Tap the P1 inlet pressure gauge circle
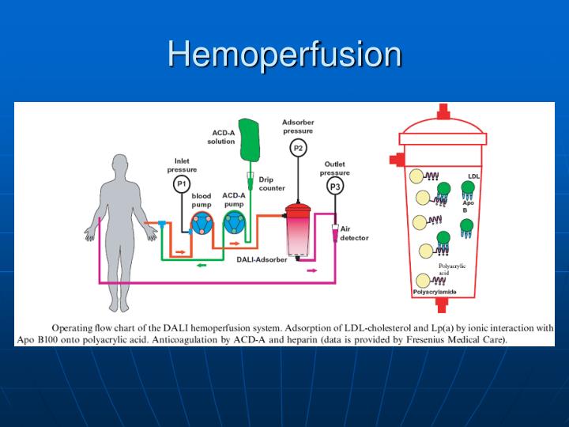click(x=181, y=184)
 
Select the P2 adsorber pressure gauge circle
click(x=298, y=148)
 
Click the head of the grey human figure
click(x=121, y=167)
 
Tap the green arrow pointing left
click(x=202, y=264)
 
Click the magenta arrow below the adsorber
click(x=312, y=270)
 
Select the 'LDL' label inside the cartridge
click(x=473, y=176)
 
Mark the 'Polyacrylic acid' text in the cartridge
click(x=451, y=269)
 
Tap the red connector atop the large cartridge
click(x=443, y=112)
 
